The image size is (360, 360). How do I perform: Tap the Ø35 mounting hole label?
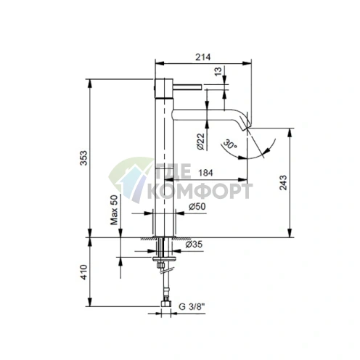193,245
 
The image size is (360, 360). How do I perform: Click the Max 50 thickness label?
114,210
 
